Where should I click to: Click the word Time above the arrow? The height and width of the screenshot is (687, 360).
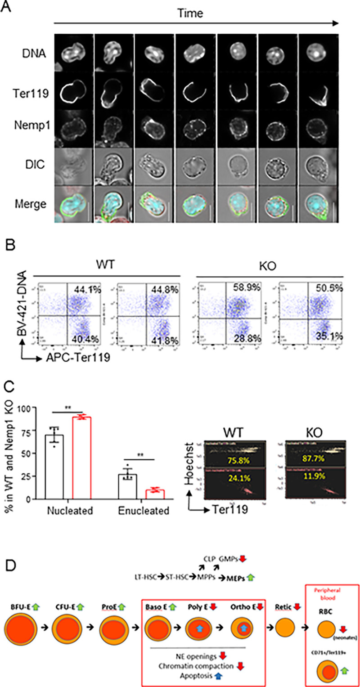point(190,13)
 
